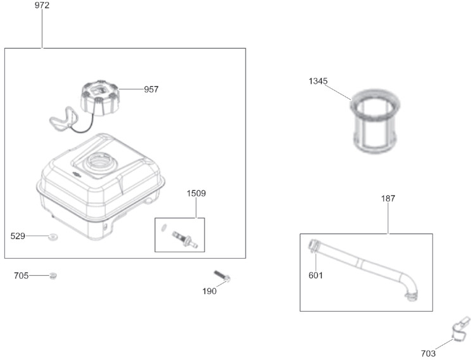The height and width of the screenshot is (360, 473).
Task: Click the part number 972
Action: pos(42,5)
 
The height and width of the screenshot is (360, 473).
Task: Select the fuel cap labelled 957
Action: pos(101,98)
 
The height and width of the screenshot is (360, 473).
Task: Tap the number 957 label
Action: pos(151,89)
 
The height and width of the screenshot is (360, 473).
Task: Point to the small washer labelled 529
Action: pos(53,237)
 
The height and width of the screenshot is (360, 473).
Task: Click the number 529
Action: pos(18,236)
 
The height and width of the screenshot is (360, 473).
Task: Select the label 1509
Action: pos(196,193)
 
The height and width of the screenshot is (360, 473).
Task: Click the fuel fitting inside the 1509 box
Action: pos(185,240)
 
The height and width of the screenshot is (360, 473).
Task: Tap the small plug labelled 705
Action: pos(53,276)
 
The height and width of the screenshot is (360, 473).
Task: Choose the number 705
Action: pos(21,276)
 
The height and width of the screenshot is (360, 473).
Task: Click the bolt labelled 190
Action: pos(222,276)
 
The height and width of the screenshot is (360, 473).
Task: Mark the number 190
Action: pos(210,291)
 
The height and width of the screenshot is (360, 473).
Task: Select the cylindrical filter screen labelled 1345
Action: pos(375,122)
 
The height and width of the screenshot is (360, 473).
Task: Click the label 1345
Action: pos(318,81)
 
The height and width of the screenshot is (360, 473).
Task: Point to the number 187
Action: pos(388,198)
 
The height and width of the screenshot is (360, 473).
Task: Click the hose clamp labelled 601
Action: pos(313,245)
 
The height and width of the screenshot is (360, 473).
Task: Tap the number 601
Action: pos(315,276)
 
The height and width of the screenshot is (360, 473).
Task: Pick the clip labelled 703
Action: pos(461,330)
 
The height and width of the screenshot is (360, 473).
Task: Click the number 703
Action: pos(428,354)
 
